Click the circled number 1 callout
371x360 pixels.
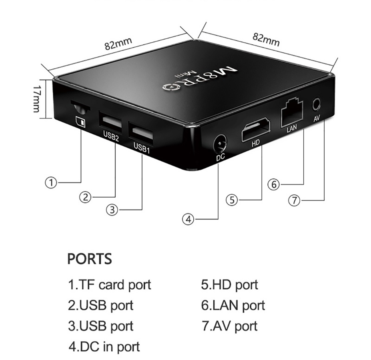(51, 183)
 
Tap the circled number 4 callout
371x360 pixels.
(188, 219)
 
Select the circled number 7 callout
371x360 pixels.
(294, 200)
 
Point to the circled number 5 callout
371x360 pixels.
(232, 200)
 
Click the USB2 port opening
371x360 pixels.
(110, 122)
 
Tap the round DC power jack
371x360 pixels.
(220, 144)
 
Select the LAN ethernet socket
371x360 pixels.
(292, 113)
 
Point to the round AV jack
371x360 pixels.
(316, 104)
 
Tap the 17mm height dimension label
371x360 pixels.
(36, 99)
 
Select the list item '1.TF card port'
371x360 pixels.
(110, 285)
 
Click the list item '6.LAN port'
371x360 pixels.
(233, 306)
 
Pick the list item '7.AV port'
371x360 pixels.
(229, 326)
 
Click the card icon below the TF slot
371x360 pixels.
(80, 122)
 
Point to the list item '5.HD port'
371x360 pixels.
(229, 285)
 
